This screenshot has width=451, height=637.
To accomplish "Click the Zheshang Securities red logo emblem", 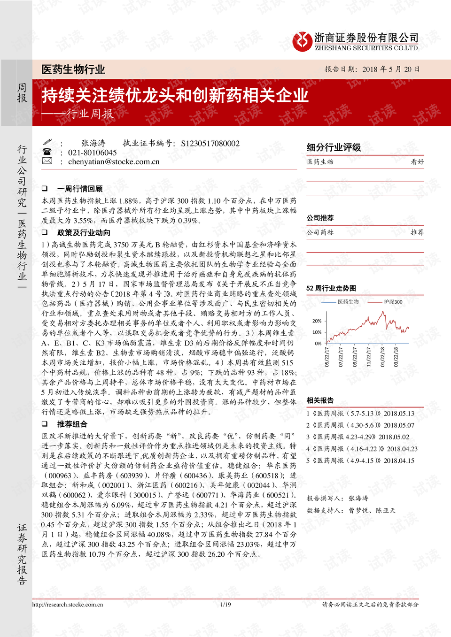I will click(x=302, y=42).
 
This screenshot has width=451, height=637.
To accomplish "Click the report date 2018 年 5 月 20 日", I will click(x=391, y=69).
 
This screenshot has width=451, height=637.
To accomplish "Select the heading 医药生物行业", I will click(x=73, y=70).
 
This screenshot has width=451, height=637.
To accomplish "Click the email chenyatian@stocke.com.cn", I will click(x=114, y=161).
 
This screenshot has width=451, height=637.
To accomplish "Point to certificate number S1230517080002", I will click(x=210, y=144).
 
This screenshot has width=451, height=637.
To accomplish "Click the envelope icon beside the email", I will click(x=47, y=161).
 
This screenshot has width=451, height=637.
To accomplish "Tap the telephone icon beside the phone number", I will click(x=47, y=152).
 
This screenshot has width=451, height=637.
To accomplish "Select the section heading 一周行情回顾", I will click(x=80, y=189).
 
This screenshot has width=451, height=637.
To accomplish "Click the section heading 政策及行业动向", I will click(x=84, y=233).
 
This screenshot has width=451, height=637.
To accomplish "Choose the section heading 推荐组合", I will click(x=72, y=424).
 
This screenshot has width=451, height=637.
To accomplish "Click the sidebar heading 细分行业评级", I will click(x=334, y=147).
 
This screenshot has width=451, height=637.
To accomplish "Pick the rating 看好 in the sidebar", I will click(x=417, y=162).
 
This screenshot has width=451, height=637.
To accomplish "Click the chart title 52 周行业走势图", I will click(x=331, y=288).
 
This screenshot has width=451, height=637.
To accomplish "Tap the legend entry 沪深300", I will click(x=393, y=302).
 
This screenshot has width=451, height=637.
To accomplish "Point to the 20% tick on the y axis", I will click(x=317, y=321).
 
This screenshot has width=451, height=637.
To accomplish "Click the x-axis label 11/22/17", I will click(x=369, y=357).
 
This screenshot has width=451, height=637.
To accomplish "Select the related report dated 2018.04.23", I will click(x=362, y=449).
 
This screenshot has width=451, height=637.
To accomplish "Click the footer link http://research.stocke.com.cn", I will click(x=68, y=605).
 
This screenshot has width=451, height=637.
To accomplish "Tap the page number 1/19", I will click(x=225, y=605).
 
